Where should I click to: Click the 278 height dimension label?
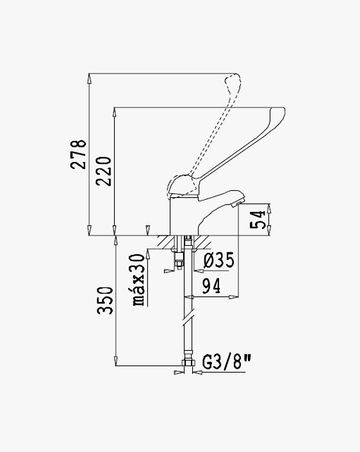(x=78, y=154)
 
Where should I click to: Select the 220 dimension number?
(x=104, y=171)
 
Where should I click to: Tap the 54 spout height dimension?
(x=258, y=220)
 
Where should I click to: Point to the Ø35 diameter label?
(x=218, y=260)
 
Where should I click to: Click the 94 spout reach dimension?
(x=211, y=286)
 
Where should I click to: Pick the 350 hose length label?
(x=105, y=300)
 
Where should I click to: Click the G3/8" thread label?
(x=227, y=362)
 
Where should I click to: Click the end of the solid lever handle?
(x=279, y=111)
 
